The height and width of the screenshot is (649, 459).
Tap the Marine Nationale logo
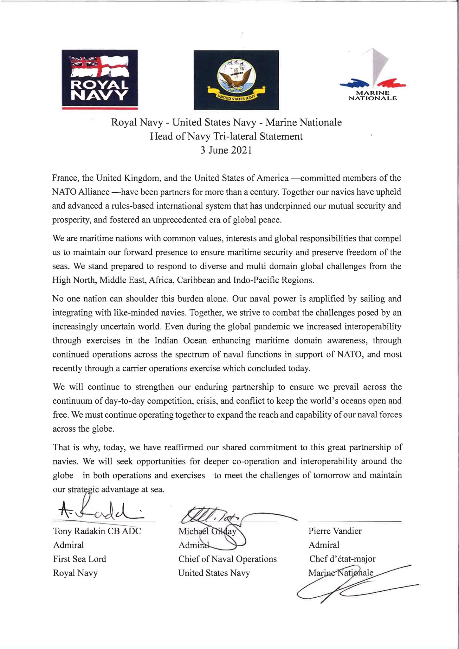(x=373, y=76)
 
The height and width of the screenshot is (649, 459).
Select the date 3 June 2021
(x=226, y=150)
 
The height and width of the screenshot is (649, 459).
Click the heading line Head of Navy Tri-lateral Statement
(x=226, y=136)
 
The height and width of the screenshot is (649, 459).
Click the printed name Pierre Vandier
(x=335, y=531)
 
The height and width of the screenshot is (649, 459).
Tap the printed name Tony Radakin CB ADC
(x=97, y=531)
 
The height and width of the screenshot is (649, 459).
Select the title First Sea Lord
(x=80, y=559)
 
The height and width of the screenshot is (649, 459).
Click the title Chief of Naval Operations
(x=227, y=559)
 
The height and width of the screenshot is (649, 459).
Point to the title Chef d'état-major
(x=342, y=559)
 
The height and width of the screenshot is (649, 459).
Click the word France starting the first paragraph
(x=65, y=178)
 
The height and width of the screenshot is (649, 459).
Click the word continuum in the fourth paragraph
(x=74, y=401)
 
